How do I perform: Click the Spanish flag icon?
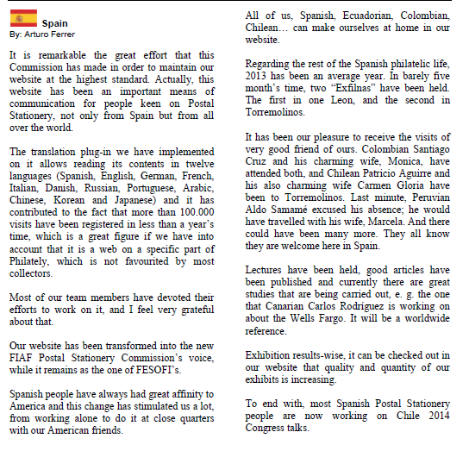[23, 16]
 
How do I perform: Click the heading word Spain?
[55, 22]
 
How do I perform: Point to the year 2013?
[259, 77]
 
